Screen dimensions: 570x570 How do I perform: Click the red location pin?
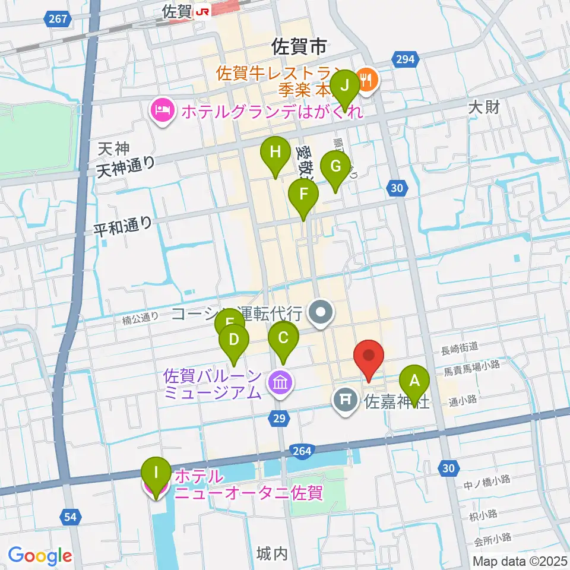click(x=369, y=358)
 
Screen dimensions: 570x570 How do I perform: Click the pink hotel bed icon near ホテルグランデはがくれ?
click(x=161, y=109)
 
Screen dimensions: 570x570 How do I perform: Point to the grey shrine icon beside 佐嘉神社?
click(x=346, y=400)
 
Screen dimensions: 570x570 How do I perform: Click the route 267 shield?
click(x=58, y=20)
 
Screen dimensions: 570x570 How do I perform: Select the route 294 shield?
click(x=406, y=58)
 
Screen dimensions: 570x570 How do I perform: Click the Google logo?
click(x=40, y=556)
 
